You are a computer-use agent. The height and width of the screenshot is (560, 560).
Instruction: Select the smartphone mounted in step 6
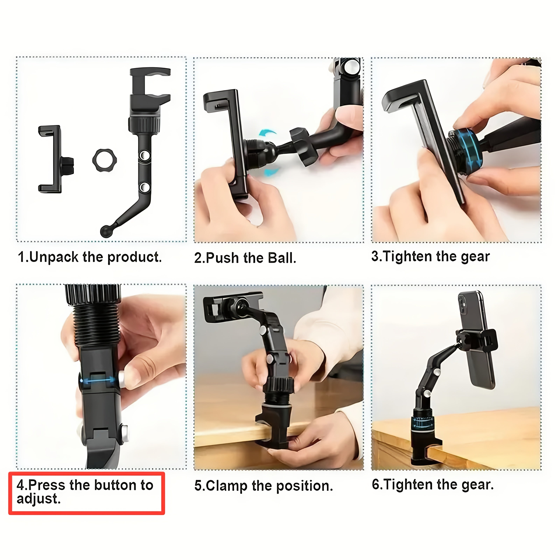click(475, 339)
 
